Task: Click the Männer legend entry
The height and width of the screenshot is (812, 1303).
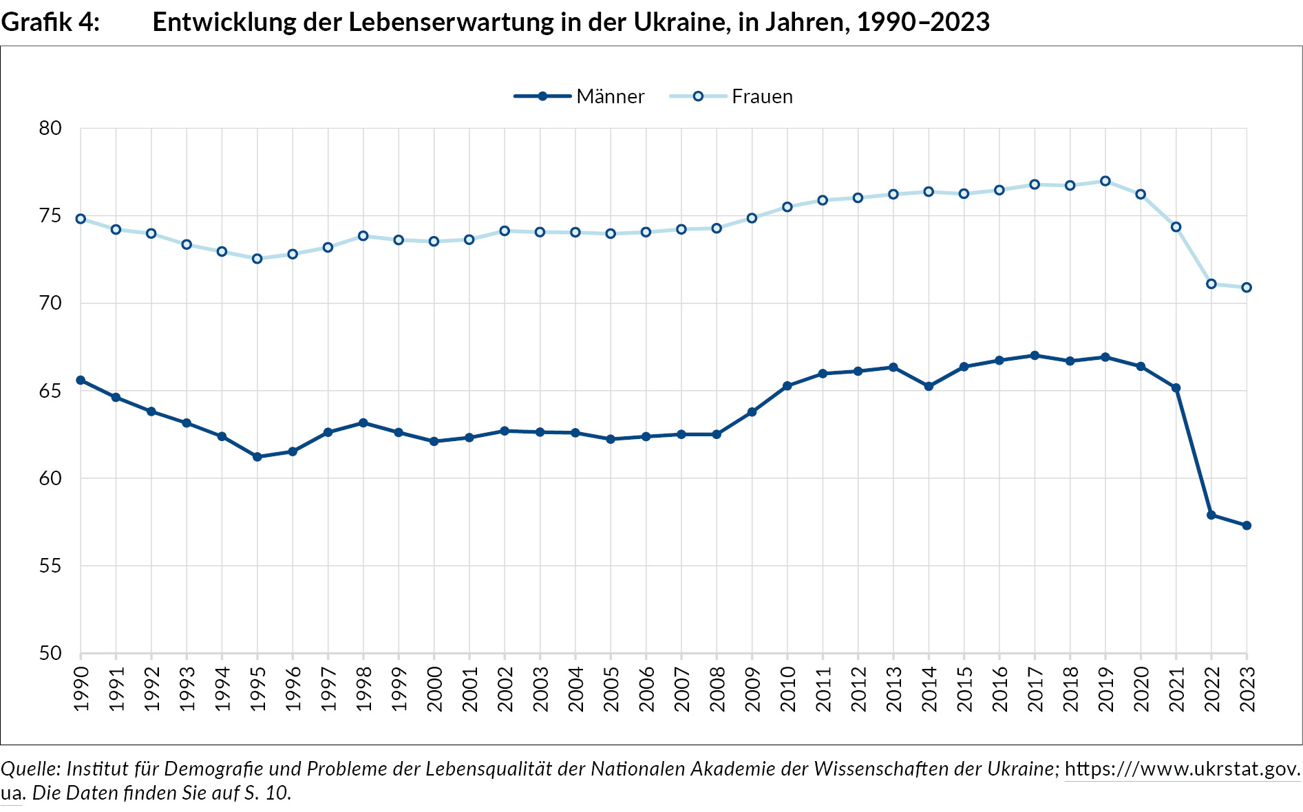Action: click(580, 96)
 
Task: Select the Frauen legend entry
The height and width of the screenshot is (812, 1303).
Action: click(732, 96)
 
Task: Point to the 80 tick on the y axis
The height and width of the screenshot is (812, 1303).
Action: click(50, 129)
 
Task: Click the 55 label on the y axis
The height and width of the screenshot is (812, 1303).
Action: click(50, 566)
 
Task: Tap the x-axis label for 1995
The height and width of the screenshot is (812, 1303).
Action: click(257, 689)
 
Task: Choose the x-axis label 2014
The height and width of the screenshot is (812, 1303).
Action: click(929, 689)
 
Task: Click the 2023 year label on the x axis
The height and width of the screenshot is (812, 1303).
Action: click(1247, 689)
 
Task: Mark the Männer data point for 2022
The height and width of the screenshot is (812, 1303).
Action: click(1211, 515)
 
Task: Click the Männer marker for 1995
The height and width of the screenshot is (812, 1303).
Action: click(257, 457)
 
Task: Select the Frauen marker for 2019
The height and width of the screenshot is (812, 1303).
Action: click(1105, 181)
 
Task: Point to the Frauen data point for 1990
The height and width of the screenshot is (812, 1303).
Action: click(81, 219)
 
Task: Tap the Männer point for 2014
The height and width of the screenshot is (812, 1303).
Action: click(929, 387)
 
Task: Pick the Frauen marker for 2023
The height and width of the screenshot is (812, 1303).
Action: click(1247, 288)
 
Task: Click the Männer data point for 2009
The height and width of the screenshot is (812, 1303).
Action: click(752, 412)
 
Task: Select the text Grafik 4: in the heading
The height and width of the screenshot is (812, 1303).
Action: click(50, 23)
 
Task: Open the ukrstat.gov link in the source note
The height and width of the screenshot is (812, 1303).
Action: click(1182, 769)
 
